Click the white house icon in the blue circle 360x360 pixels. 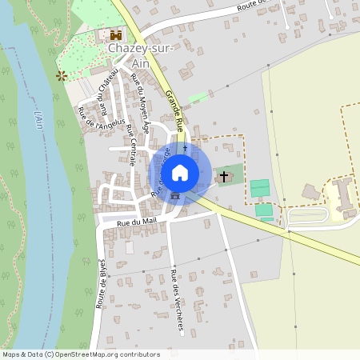click(x=180, y=172)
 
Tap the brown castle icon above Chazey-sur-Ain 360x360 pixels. click(x=116, y=35)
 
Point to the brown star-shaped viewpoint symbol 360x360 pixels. click(x=60, y=75)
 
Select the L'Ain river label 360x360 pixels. click(x=38, y=120)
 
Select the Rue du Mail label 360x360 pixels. click(x=134, y=222)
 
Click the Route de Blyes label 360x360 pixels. click(x=102, y=284)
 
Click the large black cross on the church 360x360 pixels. click(x=223, y=174)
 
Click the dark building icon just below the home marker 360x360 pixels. click(x=174, y=195)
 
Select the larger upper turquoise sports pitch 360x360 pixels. click(x=259, y=189)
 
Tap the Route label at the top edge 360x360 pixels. click(x=250, y=6)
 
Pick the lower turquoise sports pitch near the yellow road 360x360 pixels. click(x=264, y=210)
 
